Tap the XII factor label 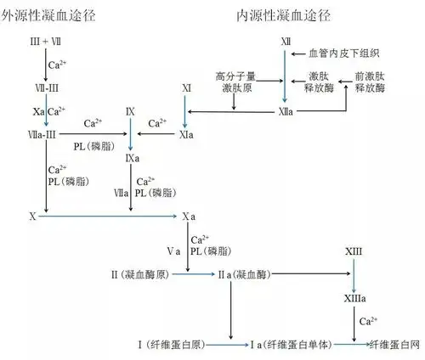coord(286,42)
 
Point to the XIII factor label coord(354,252)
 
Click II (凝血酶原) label coord(147,275)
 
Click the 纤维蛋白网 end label coord(394,344)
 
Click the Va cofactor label coord(173,251)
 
